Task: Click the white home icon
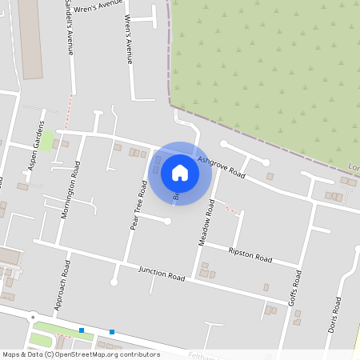coord(180,172)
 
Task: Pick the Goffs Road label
coord(296,290)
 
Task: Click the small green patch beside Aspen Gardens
coord(49,141)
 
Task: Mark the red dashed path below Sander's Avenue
coord(70,102)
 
